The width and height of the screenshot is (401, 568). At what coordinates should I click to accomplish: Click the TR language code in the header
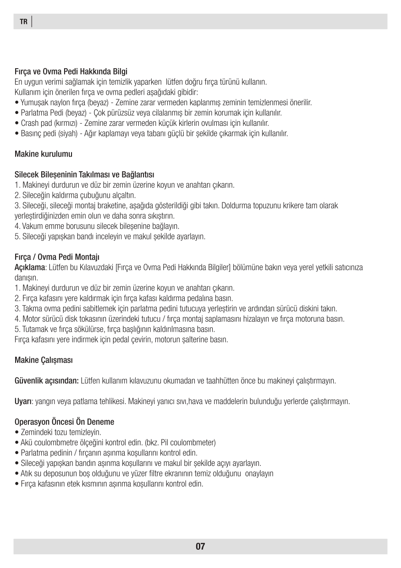click(x=23, y=22)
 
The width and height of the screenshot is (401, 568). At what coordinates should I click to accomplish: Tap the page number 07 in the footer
click(x=200, y=546)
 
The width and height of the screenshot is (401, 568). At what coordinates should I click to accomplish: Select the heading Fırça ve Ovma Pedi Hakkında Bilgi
click(x=71, y=72)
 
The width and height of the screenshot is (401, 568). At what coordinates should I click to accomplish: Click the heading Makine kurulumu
click(x=44, y=154)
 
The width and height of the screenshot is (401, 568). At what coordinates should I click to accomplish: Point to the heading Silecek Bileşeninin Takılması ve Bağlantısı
click(x=85, y=175)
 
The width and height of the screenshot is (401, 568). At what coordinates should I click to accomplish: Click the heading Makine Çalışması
click(x=44, y=360)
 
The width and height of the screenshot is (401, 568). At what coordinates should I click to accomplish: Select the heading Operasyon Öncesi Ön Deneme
click(x=64, y=422)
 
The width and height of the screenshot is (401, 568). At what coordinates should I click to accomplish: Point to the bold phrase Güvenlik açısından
click(x=47, y=381)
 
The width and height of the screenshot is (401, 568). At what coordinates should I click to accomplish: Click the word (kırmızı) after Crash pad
click(x=63, y=123)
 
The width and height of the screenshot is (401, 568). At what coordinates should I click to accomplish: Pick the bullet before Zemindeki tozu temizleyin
click(x=17, y=433)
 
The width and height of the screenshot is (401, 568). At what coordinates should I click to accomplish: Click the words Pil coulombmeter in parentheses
click(x=187, y=443)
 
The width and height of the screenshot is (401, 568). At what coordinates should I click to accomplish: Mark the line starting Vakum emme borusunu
click(x=97, y=226)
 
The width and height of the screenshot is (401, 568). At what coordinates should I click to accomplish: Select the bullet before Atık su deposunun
click(x=17, y=474)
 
